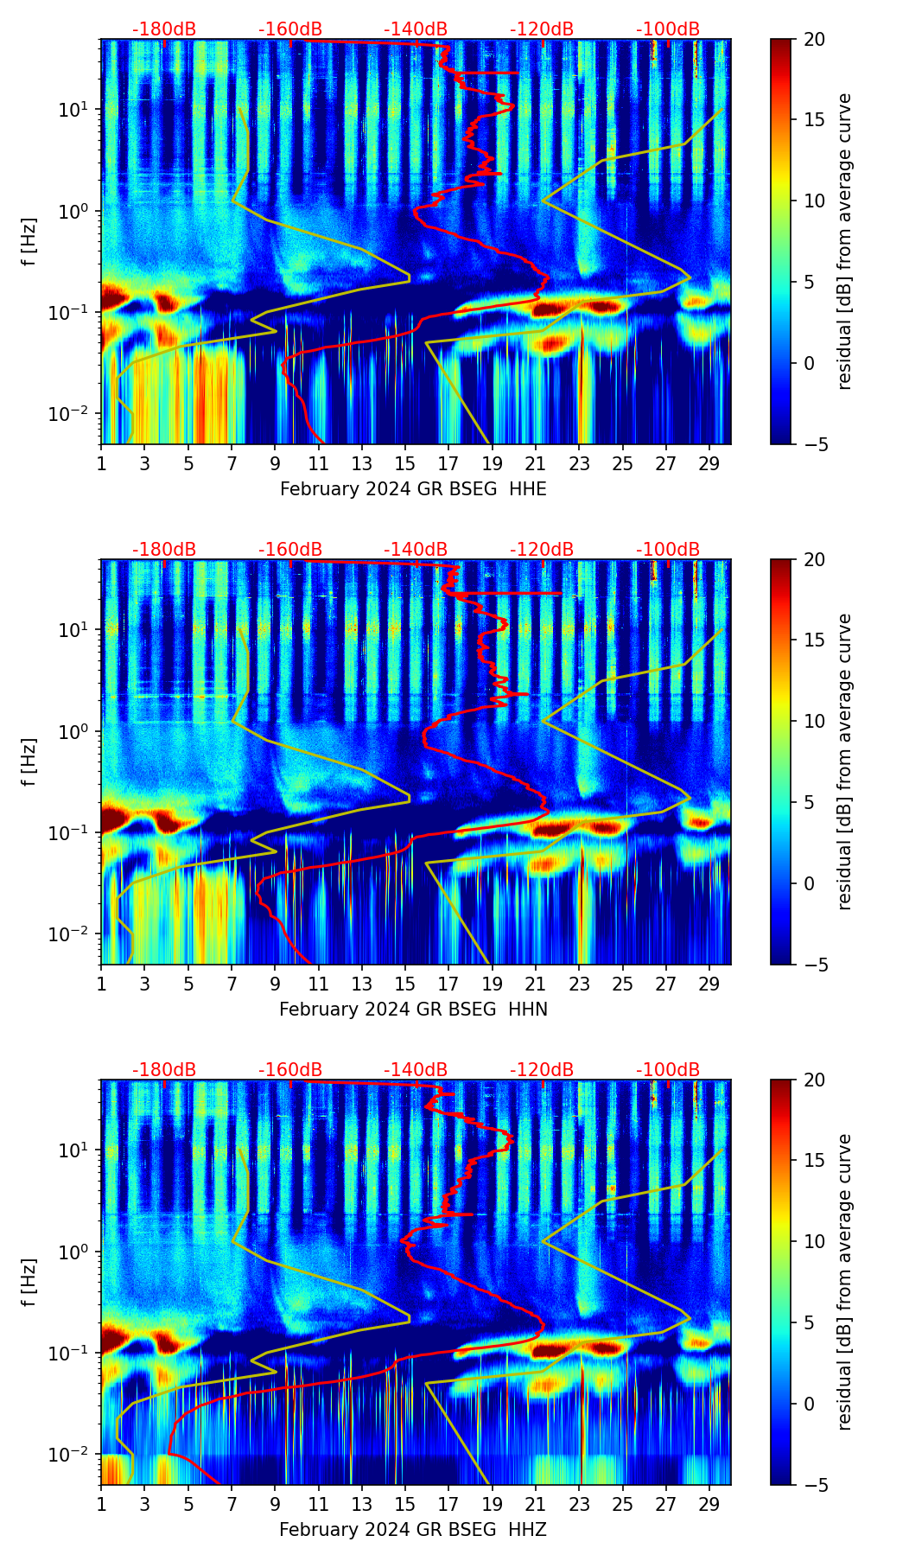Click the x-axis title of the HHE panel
click(413, 489)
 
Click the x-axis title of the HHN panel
click(413, 1010)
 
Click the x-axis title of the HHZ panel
click(413, 1530)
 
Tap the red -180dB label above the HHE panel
click(164, 29)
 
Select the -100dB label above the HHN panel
click(668, 550)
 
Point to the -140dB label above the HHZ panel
click(416, 1070)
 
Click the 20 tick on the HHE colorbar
click(815, 39)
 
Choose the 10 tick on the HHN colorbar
click(815, 721)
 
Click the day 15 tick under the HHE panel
click(404, 463)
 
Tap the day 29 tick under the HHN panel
click(709, 984)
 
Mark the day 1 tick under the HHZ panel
click(101, 1504)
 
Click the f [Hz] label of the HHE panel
click(29, 242)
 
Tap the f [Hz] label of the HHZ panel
click(29, 1283)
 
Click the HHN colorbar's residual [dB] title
click(845, 761)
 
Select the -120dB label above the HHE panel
click(542, 29)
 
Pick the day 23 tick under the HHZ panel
click(579, 1504)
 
